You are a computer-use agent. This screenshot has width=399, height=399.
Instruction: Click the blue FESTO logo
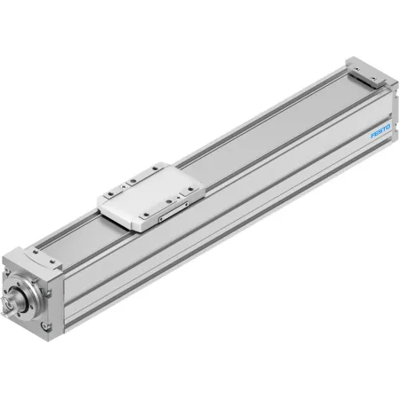[380, 131]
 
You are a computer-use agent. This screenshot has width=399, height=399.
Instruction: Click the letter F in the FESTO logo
[373, 135]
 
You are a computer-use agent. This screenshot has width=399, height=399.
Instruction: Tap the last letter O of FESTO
[388, 127]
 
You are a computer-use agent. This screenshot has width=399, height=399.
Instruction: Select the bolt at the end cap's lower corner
[45, 326]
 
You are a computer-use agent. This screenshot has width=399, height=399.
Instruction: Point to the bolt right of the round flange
[48, 293]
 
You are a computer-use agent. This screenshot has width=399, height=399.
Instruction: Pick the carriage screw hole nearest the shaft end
[111, 194]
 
